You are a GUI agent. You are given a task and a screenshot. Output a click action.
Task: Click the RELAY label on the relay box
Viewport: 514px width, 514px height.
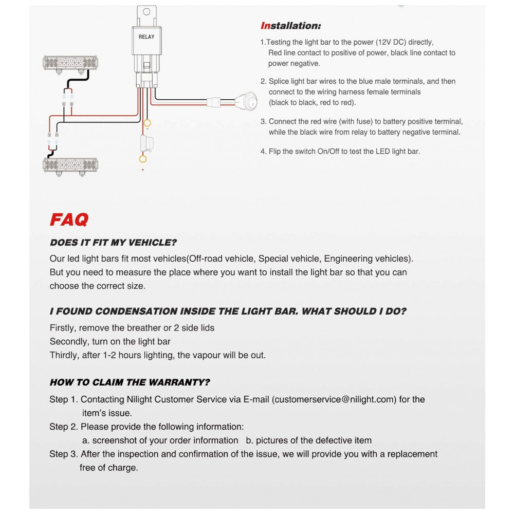click(x=146, y=37)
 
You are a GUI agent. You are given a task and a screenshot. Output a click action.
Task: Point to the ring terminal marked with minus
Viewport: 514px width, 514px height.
click(x=147, y=123)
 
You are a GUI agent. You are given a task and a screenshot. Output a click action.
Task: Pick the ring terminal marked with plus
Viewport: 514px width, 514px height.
click(x=143, y=159)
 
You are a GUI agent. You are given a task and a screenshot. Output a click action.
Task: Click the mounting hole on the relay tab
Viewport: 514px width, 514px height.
click(x=146, y=11)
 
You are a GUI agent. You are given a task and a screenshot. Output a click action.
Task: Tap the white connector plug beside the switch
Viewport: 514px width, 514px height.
click(x=213, y=102)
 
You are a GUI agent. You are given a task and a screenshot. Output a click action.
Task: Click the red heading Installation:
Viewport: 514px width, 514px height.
click(x=290, y=26)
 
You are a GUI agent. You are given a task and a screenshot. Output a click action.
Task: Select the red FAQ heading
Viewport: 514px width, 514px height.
click(x=69, y=220)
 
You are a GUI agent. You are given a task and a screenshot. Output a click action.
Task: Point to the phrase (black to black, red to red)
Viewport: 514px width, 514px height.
click(x=312, y=102)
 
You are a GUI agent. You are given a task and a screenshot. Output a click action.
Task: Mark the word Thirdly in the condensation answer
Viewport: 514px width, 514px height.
click(x=65, y=355)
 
